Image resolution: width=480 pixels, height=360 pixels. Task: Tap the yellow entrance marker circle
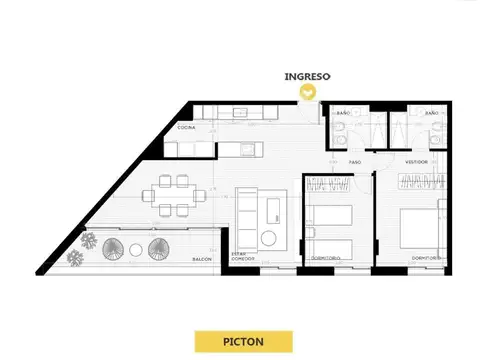[310, 92]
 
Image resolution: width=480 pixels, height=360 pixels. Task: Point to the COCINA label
[186, 129]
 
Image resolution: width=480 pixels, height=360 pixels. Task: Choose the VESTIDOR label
[417, 160]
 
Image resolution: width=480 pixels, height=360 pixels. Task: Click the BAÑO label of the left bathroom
[342, 114]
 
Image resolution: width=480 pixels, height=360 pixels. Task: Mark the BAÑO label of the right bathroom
[432, 114]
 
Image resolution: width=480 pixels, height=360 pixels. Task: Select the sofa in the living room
[247, 208]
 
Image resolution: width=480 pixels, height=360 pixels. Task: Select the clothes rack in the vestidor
[417, 180]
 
